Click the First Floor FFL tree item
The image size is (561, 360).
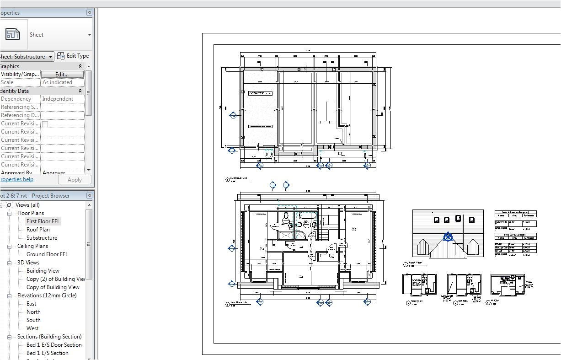[x=43, y=221]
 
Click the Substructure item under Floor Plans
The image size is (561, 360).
[x=42, y=238]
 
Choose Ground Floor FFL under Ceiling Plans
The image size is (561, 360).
[x=47, y=254]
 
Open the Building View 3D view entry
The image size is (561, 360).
[x=43, y=271]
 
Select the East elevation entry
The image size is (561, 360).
[x=31, y=304]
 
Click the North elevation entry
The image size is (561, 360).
[x=33, y=312]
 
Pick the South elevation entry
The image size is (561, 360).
[x=33, y=320]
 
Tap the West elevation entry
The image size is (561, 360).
[x=32, y=328]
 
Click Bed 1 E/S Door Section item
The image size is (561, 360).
[x=54, y=345]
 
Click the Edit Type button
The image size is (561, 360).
[x=73, y=56]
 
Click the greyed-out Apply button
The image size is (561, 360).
[x=74, y=180]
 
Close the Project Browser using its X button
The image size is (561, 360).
[x=89, y=196]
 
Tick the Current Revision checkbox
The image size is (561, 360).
[x=45, y=124]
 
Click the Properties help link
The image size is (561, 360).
[x=16, y=179]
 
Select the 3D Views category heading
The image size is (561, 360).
[x=28, y=263]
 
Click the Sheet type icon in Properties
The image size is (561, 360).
[x=13, y=34]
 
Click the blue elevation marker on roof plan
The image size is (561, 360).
[x=448, y=237]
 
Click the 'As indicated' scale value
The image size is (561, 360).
[x=57, y=82]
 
